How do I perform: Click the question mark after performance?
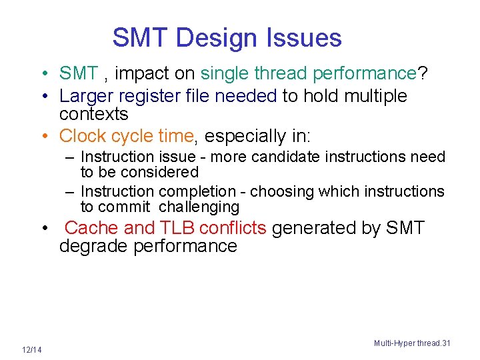click(x=422, y=73)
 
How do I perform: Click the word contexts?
click(x=93, y=114)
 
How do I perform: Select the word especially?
click(x=246, y=136)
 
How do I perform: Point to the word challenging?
click(x=199, y=207)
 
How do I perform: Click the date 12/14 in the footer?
click(x=31, y=350)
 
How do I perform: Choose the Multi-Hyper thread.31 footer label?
click(x=412, y=343)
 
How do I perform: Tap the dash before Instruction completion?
click(x=69, y=192)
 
